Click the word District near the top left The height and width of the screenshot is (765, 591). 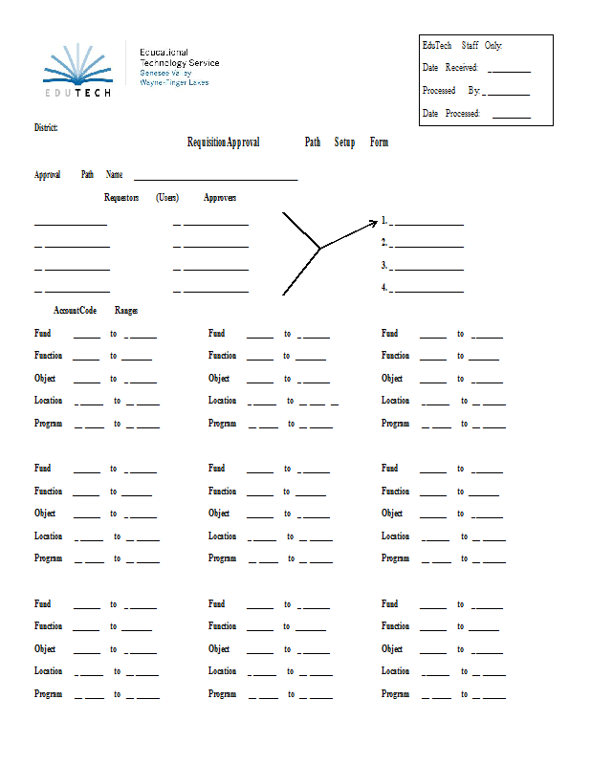coord(46,127)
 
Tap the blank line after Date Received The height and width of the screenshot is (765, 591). coord(509,71)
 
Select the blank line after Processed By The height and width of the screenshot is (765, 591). coord(507,94)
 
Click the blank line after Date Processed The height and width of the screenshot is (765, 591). coord(511,117)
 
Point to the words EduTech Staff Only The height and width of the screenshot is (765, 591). coord(462,45)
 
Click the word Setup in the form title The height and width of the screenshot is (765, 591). coord(344,142)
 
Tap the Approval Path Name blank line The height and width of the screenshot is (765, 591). coord(215,179)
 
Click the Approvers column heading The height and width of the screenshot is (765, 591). coord(220,198)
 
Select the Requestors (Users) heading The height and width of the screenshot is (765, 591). coord(141,198)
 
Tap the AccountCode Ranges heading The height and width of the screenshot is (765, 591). coord(96,311)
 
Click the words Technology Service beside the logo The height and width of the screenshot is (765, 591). coord(179,63)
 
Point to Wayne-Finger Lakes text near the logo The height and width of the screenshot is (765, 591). coord(174,83)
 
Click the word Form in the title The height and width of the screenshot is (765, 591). coord(379,142)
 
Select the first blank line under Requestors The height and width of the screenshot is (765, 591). coord(71,225)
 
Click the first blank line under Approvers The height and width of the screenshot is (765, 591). coord(215,225)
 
